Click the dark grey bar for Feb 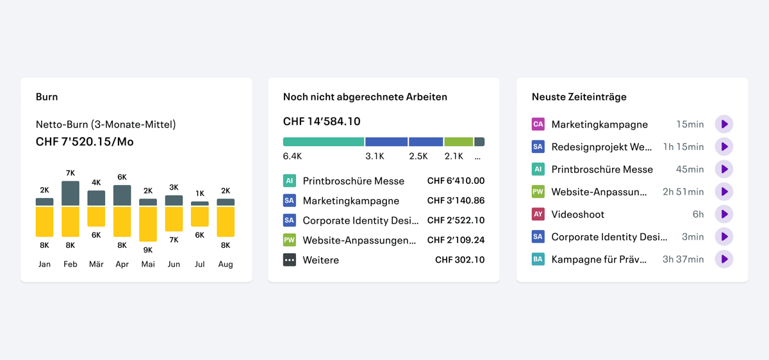click(x=70, y=193)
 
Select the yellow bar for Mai click(x=148, y=224)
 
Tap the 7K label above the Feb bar click(x=70, y=173)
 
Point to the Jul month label click(x=199, y=265)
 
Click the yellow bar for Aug click(x=226, y=222)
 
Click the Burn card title click(x=47, y=97)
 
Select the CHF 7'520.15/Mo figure click(x=85, y=142)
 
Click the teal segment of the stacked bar click(x=324, y=142)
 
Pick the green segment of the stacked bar click(x=459, y=142)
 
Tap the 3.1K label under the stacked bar click(x=374, y=156)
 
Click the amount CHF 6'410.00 click(x=456, y=181)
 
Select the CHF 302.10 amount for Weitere click(x=459, y=260)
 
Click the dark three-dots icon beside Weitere click(x=290, y=260)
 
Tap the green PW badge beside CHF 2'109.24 click(x=290, y=240)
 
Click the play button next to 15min click(x=724, y=124)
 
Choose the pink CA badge click(x=538, y=124)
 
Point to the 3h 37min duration click(x=683, y=259)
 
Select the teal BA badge click(x=538, y=259)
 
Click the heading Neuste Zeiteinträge click(x=579, y=97)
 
